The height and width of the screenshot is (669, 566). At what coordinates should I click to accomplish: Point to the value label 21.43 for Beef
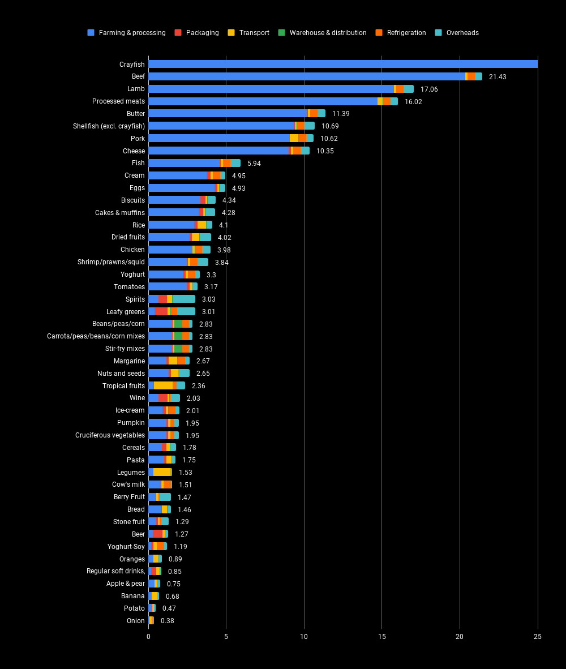click(498, 77)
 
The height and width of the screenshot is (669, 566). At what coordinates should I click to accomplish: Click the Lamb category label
click(136, 89)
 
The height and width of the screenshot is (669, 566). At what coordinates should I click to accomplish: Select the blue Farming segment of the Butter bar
click(227, 114)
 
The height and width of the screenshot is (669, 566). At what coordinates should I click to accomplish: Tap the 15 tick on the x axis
click(382, 637)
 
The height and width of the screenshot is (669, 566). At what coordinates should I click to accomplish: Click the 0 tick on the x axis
click(148, 637)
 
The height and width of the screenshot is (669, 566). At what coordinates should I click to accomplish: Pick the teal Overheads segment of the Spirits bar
click(184, 299)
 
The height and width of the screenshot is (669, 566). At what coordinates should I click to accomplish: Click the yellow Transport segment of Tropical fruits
click(163, 385)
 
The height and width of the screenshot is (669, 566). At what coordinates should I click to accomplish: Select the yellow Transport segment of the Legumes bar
click(162, 472)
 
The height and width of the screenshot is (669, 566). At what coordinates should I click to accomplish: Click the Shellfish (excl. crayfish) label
click(109, 126)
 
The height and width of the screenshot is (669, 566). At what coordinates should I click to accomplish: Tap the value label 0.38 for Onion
click(168, 621)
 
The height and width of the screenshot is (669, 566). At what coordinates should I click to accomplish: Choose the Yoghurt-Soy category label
click(126, 547)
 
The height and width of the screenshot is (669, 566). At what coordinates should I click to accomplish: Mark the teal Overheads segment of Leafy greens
click(186, 311)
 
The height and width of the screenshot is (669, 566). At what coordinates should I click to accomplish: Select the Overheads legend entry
click(462, 33)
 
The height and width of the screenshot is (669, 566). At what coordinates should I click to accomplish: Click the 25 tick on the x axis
click(538, 637)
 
